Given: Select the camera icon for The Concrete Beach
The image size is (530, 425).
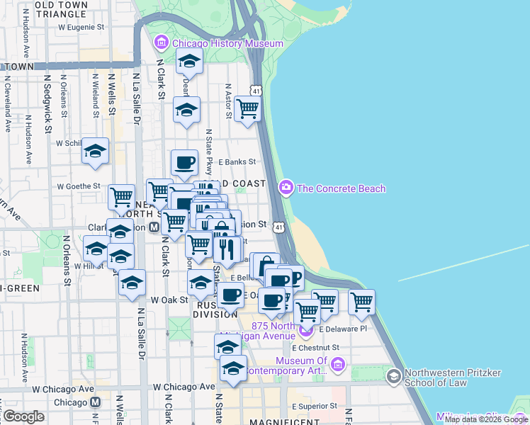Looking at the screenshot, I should click(286, 188).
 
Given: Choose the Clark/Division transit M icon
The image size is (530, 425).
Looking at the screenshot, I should click(154, 227).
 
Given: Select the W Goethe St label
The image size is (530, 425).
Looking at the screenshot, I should click(80, 186).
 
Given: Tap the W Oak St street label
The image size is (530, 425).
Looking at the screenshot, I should click(168, 300).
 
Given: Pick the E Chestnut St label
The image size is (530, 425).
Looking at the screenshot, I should click(316, 348).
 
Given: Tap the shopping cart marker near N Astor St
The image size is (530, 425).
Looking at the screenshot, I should click(247, 109).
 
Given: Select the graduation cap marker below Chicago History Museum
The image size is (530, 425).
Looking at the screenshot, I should click(189, 62).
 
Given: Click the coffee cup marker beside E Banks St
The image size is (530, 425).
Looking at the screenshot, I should click(185, 162).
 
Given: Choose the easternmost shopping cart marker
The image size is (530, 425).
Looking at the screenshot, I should click(361, 302).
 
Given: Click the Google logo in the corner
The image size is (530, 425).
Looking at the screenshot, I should click(23, 416).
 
